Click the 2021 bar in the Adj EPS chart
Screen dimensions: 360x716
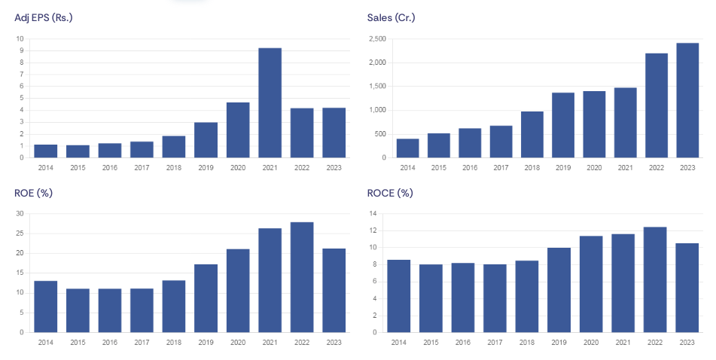tap(270, 103)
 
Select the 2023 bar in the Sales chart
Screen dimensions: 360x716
tap(687, 100)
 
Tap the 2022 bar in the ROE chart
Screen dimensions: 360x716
tap(302, 277)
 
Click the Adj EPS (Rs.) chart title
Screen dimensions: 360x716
tap(44, 17)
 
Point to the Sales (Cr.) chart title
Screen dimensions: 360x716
tap(392, 17)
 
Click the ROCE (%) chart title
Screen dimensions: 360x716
tap(390, 193)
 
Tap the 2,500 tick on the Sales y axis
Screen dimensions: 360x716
tap(376, 38)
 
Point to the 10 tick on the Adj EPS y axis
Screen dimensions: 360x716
tap(20, 38)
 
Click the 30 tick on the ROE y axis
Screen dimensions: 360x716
tap(20, 214)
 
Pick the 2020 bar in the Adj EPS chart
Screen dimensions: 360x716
tap(238, 130)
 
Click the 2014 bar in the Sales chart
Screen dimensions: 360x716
tap(408, 148)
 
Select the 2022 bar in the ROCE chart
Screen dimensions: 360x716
tap(655, 279)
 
